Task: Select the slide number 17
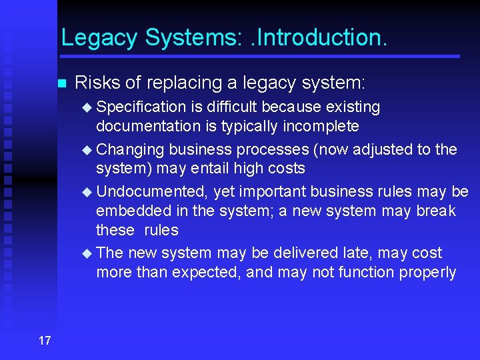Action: (x=45, y=341)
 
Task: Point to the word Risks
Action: (x=98, y=83)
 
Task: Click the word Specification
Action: (x=141, y=107)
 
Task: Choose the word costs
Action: (x=284, y=168)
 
